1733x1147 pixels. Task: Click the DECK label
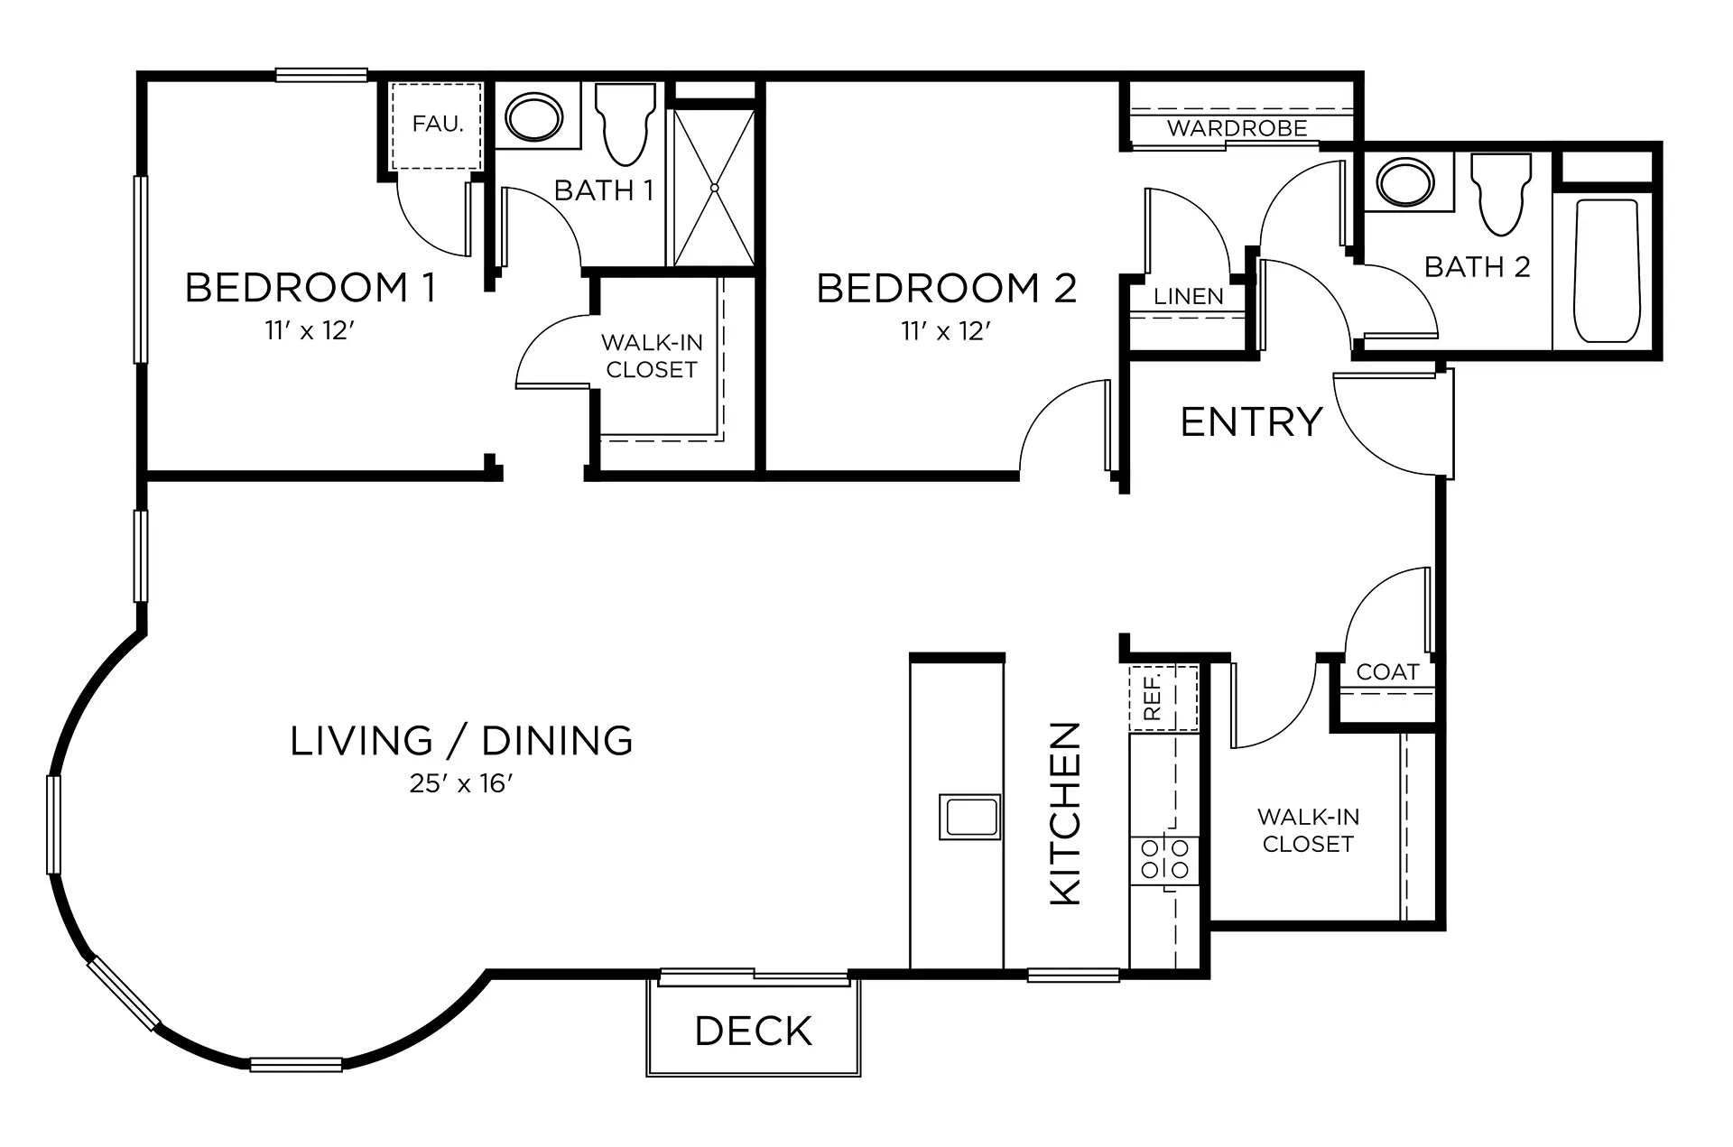point(754,1031)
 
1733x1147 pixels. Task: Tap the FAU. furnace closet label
point(438,124)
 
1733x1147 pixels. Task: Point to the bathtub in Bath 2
point(1607,271)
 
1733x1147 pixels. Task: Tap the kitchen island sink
point(970,817)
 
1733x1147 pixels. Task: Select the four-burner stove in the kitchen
point(1164,858)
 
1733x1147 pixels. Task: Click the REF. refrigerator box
point(1163,698)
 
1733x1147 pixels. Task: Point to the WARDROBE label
point(1237,128)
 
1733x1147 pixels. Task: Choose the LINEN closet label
point(1189,296)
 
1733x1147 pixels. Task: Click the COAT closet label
point(1387,672)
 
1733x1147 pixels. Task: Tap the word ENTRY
point(1251,422)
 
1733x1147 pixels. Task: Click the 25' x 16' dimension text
point(460,783)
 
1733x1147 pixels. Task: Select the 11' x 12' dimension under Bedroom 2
point(946,331)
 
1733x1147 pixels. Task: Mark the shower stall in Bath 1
point(714,188)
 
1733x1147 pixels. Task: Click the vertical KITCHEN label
point(1066,813)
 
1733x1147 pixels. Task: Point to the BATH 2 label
point(1478,267)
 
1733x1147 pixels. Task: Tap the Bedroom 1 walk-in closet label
point(652,356)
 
